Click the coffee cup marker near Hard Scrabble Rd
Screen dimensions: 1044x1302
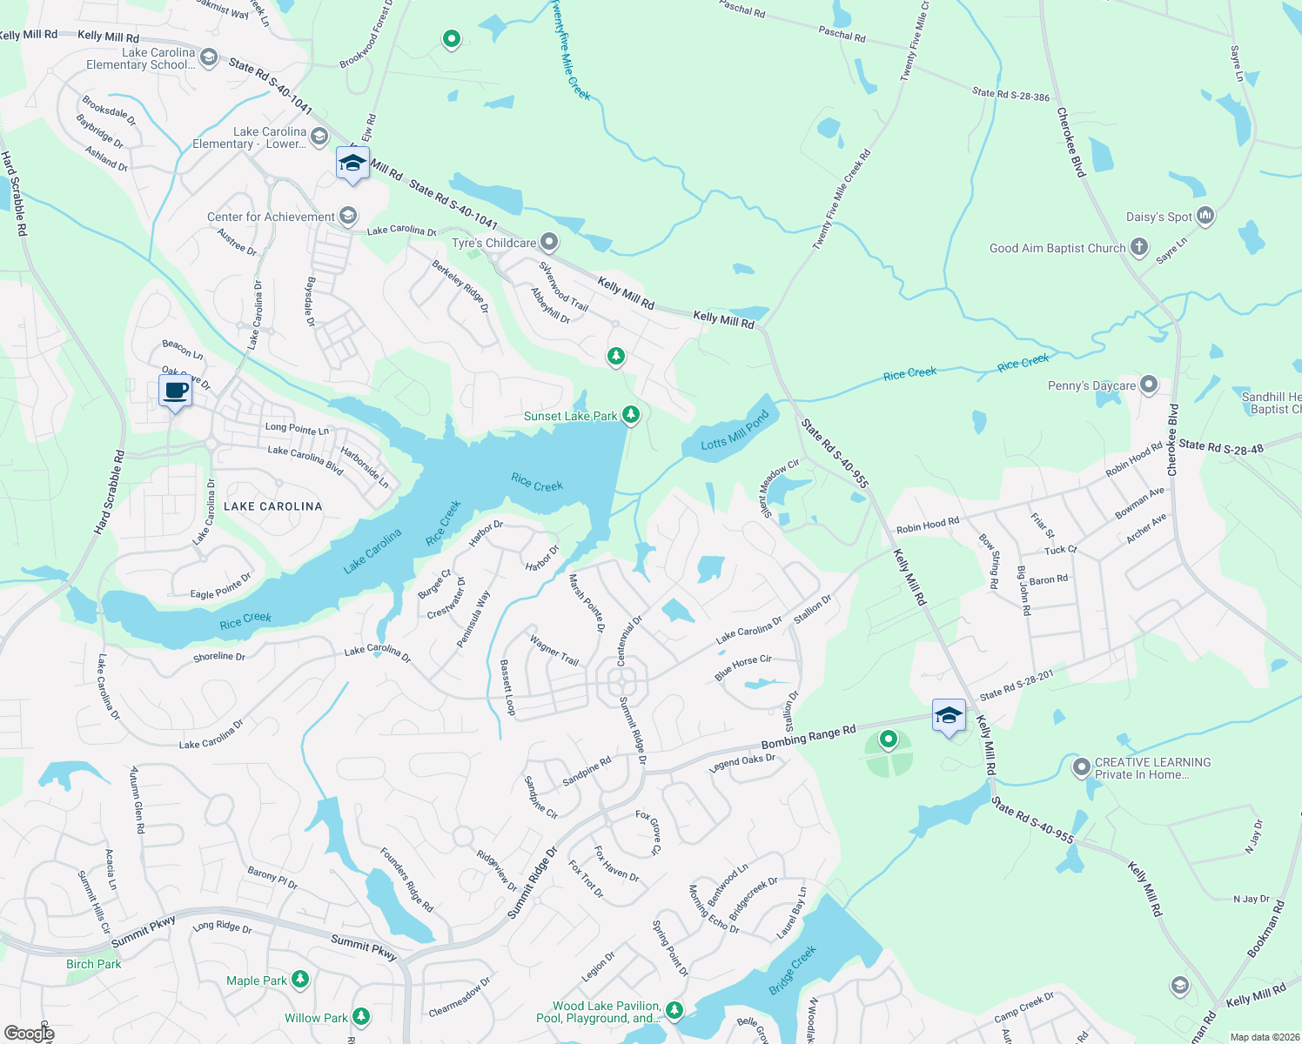coord(175,391)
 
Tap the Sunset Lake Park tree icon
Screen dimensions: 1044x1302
coord(632,415)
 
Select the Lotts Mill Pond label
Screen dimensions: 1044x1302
coord(735,432)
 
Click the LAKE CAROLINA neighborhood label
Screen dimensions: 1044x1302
coord(272,506)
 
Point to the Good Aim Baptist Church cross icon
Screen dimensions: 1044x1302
coord(1138,248)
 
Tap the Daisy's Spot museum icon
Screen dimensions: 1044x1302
coord(1205,216)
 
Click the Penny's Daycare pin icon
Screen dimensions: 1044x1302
coord(1149,385)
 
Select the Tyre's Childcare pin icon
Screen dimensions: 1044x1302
coord(549,242)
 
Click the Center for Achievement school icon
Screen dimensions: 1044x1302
coord(348,216)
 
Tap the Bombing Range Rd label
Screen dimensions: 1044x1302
coord(809,737)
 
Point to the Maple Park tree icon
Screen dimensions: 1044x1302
coord(300,980)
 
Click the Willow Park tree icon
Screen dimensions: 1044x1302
coord(361,1017)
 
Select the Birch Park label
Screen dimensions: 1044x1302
coord(94,964)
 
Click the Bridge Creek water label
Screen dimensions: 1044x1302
coord(793,970)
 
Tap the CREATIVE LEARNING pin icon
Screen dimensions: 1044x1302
coord(1082,767)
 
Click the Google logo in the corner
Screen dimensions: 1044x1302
coord(29,1033)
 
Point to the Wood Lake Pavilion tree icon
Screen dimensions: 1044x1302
coord(674,1010)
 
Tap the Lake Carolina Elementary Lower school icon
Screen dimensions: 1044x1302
coord(319,137)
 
